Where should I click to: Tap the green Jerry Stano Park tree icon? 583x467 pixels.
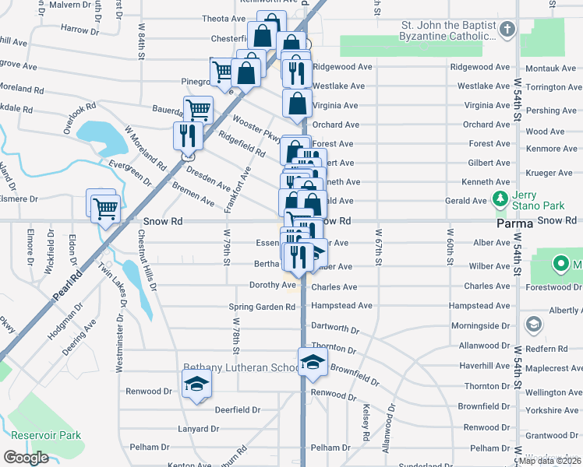pos(500,200)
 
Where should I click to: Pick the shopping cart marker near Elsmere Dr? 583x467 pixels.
pos(105,208)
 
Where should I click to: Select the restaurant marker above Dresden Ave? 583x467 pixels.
pos(187,135)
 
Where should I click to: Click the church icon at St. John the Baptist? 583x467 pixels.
pos(507,30)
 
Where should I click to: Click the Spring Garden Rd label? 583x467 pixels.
pos(262,307)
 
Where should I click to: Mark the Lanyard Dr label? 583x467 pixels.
pos(197,429)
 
